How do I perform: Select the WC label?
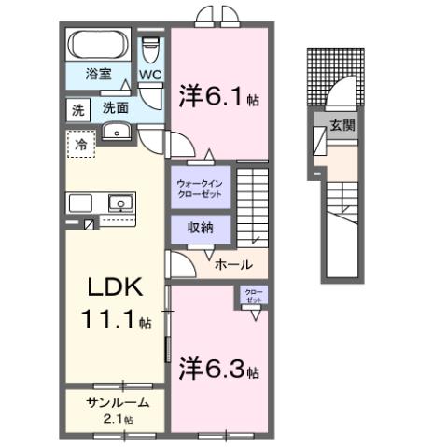click(151, 74)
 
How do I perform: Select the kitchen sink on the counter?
click(119, 203)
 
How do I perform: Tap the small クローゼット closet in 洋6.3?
click(253, 297)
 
